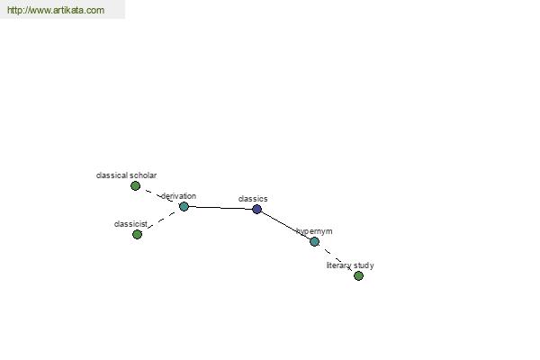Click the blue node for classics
256,209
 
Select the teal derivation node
184,207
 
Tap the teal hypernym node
314,241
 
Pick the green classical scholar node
135,186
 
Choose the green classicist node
137,235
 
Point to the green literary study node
358,275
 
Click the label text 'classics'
253,199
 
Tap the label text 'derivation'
178,196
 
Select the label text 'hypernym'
314,231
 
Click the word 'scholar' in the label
143,175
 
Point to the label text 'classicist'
130,224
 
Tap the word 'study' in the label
364,265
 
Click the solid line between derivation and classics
220,208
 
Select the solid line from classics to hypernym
285,225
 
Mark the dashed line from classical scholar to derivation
159,195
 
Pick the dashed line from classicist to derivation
161,220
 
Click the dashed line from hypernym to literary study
337,258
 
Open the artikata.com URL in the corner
56,10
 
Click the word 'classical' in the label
112,175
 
